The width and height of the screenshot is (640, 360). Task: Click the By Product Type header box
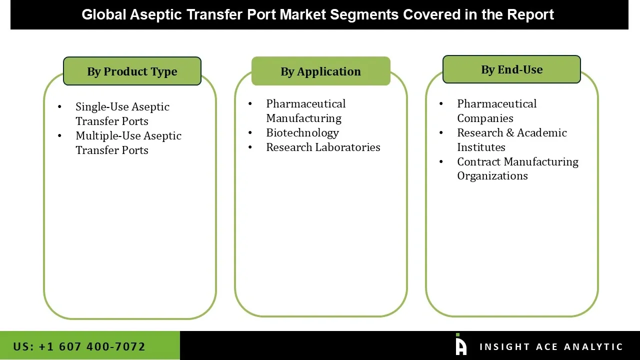(132, 71)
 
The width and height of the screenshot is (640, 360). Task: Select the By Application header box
(320, 71)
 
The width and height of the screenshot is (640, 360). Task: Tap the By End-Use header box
(511, 69)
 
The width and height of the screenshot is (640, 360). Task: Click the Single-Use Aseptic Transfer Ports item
(122, 114)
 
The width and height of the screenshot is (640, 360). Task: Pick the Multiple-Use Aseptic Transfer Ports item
(128, 143)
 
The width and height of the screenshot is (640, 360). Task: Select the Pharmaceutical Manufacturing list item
(305, 111)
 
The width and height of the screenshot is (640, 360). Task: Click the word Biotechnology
(302, 133)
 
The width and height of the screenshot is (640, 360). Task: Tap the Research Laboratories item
(323, 147)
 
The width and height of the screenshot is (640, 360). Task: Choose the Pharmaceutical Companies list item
(496, 111)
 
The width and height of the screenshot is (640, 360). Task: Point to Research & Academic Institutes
(511, 140)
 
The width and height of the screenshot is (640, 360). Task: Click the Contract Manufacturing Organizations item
(517, 169)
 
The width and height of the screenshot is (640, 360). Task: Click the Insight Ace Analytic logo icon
(460, 345)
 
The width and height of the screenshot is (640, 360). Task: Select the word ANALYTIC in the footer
(593, 347)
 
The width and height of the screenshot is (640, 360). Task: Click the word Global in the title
(103, 15)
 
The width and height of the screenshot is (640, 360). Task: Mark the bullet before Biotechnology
(250, 133)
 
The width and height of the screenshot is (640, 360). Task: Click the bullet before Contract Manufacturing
(441, 162)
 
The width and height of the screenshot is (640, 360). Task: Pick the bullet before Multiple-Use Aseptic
(60, 136)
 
